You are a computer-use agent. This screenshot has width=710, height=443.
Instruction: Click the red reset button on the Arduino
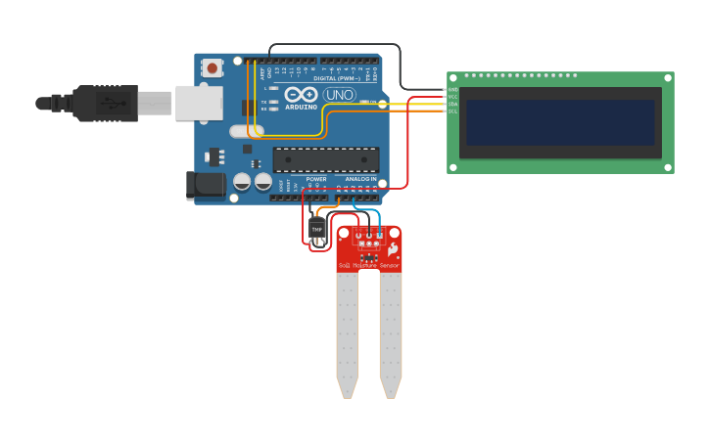click(212, 67)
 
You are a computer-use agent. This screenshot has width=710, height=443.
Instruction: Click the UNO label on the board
click(339, 95)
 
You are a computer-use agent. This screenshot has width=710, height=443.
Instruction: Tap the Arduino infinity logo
click(300, 94)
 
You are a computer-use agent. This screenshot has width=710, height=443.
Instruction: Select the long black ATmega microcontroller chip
click(325, 159)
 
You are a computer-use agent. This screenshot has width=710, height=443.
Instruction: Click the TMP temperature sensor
click(316, 229)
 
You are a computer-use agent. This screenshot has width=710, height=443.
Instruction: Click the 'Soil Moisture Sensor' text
click(368, 265)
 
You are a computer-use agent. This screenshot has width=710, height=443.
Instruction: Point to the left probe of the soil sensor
click(347, 332)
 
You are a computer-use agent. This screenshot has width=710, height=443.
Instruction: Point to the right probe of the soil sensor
click(391, 332)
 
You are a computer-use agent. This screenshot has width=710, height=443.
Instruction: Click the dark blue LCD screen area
click(560, 121)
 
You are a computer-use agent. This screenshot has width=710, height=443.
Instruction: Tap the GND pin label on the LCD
click(452, 90)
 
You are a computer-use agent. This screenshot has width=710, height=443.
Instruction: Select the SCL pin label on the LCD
click(452, 111)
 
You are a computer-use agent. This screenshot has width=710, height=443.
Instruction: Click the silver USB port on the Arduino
click(199, 103)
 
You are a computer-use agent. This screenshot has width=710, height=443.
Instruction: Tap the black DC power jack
click(205, 185)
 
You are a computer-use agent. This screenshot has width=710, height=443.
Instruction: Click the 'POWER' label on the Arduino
click(316, 179)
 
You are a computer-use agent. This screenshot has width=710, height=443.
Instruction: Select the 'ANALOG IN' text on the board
click(360, 179)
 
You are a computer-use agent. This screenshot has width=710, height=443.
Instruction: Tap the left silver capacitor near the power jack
click(242, 181)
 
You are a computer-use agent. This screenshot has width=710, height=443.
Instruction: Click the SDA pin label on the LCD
click(452, 104)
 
